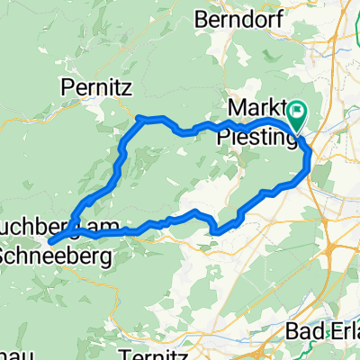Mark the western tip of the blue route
pyautogui.click(x=49, y=241)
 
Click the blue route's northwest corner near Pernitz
pyautogui.click(x=138, y=117)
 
